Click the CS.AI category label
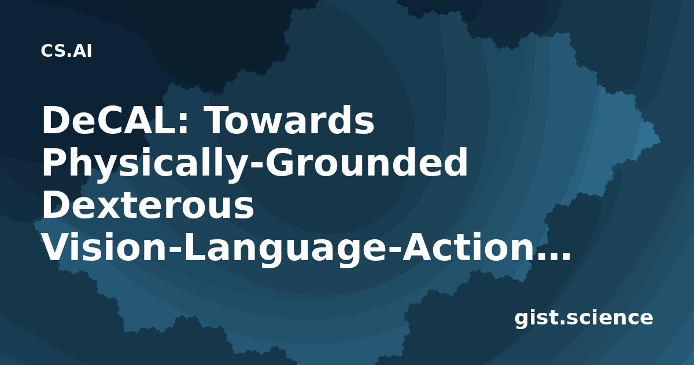pos(67,51)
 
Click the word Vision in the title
pos(104,247)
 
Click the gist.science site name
pos(584,318)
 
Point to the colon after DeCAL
pos(183,124)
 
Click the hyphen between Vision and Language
pos(176,251)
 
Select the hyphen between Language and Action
pos(393,251)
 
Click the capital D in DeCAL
pos(55,120)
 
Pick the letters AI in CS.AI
pos(83,51)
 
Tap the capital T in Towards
pos(219,120)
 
